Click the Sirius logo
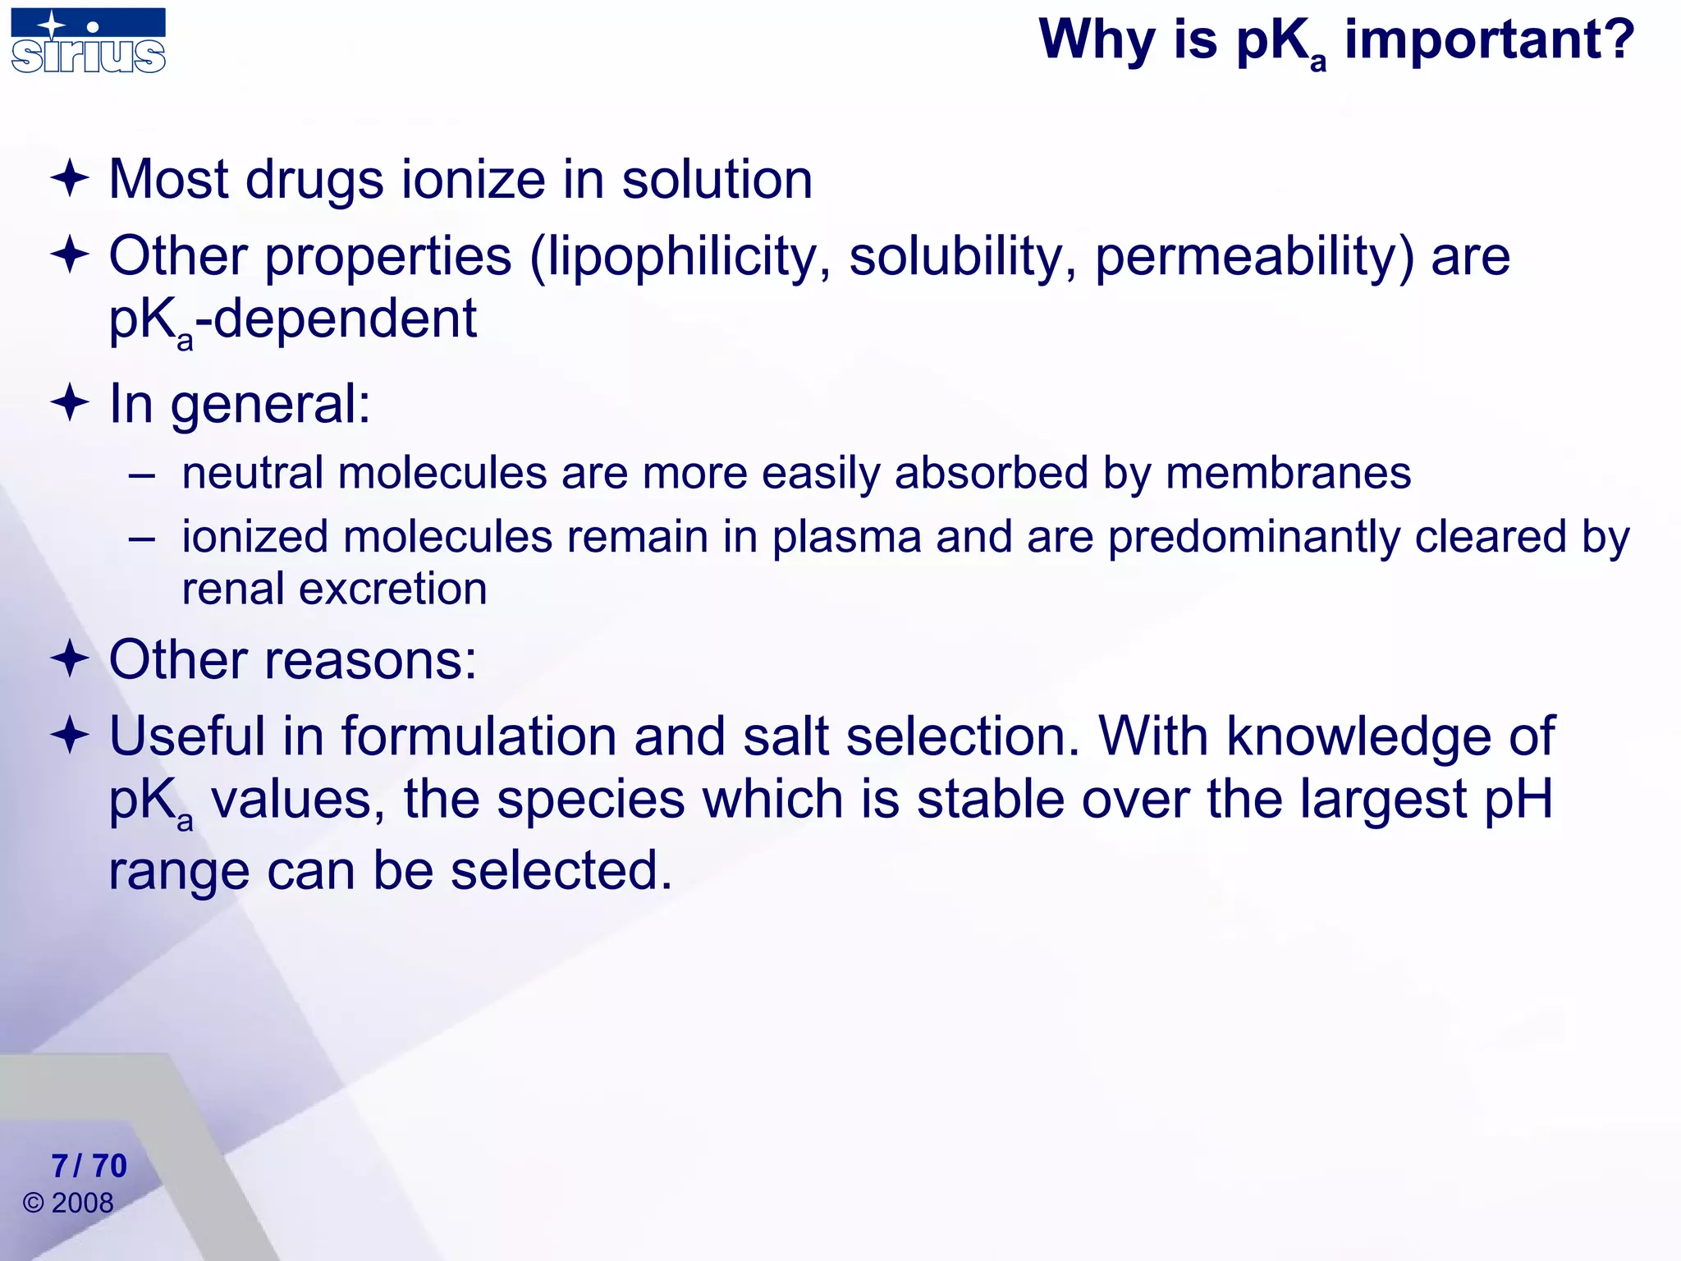click(89, 41)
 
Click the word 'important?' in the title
click(1489, 39)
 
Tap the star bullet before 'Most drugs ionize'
click(70, 178)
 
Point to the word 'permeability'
click(1255, 256)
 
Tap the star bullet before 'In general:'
click(70, 402)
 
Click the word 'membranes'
click(1288, 474)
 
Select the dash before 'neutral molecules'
click(142, 475)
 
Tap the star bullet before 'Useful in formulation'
click(70, 735)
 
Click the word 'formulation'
click(479, 736)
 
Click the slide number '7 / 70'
click(89, 1166)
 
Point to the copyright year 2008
click(82, 1204)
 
